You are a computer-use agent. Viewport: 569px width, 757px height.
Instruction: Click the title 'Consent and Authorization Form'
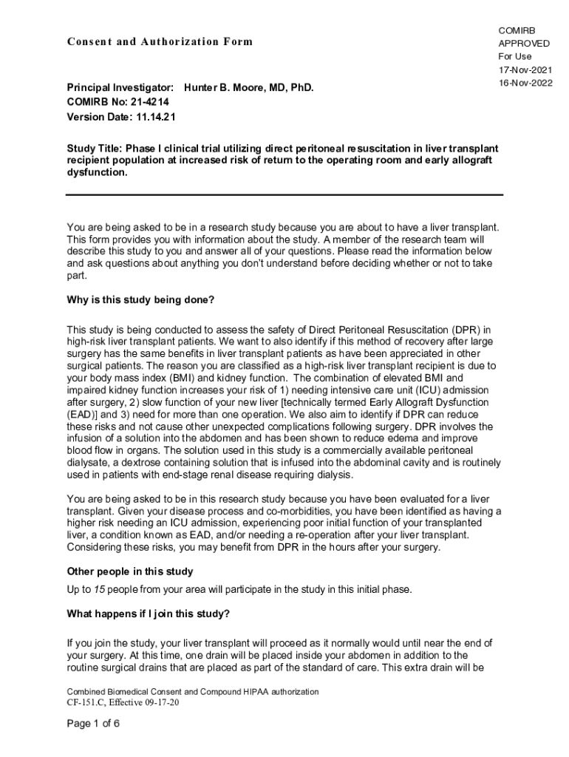click(x=160, y=41)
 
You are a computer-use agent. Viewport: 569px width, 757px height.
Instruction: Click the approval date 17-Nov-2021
click(x=525, y=69)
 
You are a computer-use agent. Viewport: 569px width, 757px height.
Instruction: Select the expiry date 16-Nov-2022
click(x=525, y=83)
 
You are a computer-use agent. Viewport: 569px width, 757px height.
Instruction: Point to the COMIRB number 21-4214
click(x=135, y=102)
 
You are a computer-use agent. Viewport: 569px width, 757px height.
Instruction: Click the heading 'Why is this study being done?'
click(x=140, y=301)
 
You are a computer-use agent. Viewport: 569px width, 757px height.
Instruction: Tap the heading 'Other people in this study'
click(x=130, y=571)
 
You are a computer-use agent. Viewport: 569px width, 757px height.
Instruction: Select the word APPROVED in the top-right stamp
click(x=524, y=43)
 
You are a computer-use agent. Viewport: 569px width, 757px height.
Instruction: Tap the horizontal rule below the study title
click(x=284, y=194)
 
